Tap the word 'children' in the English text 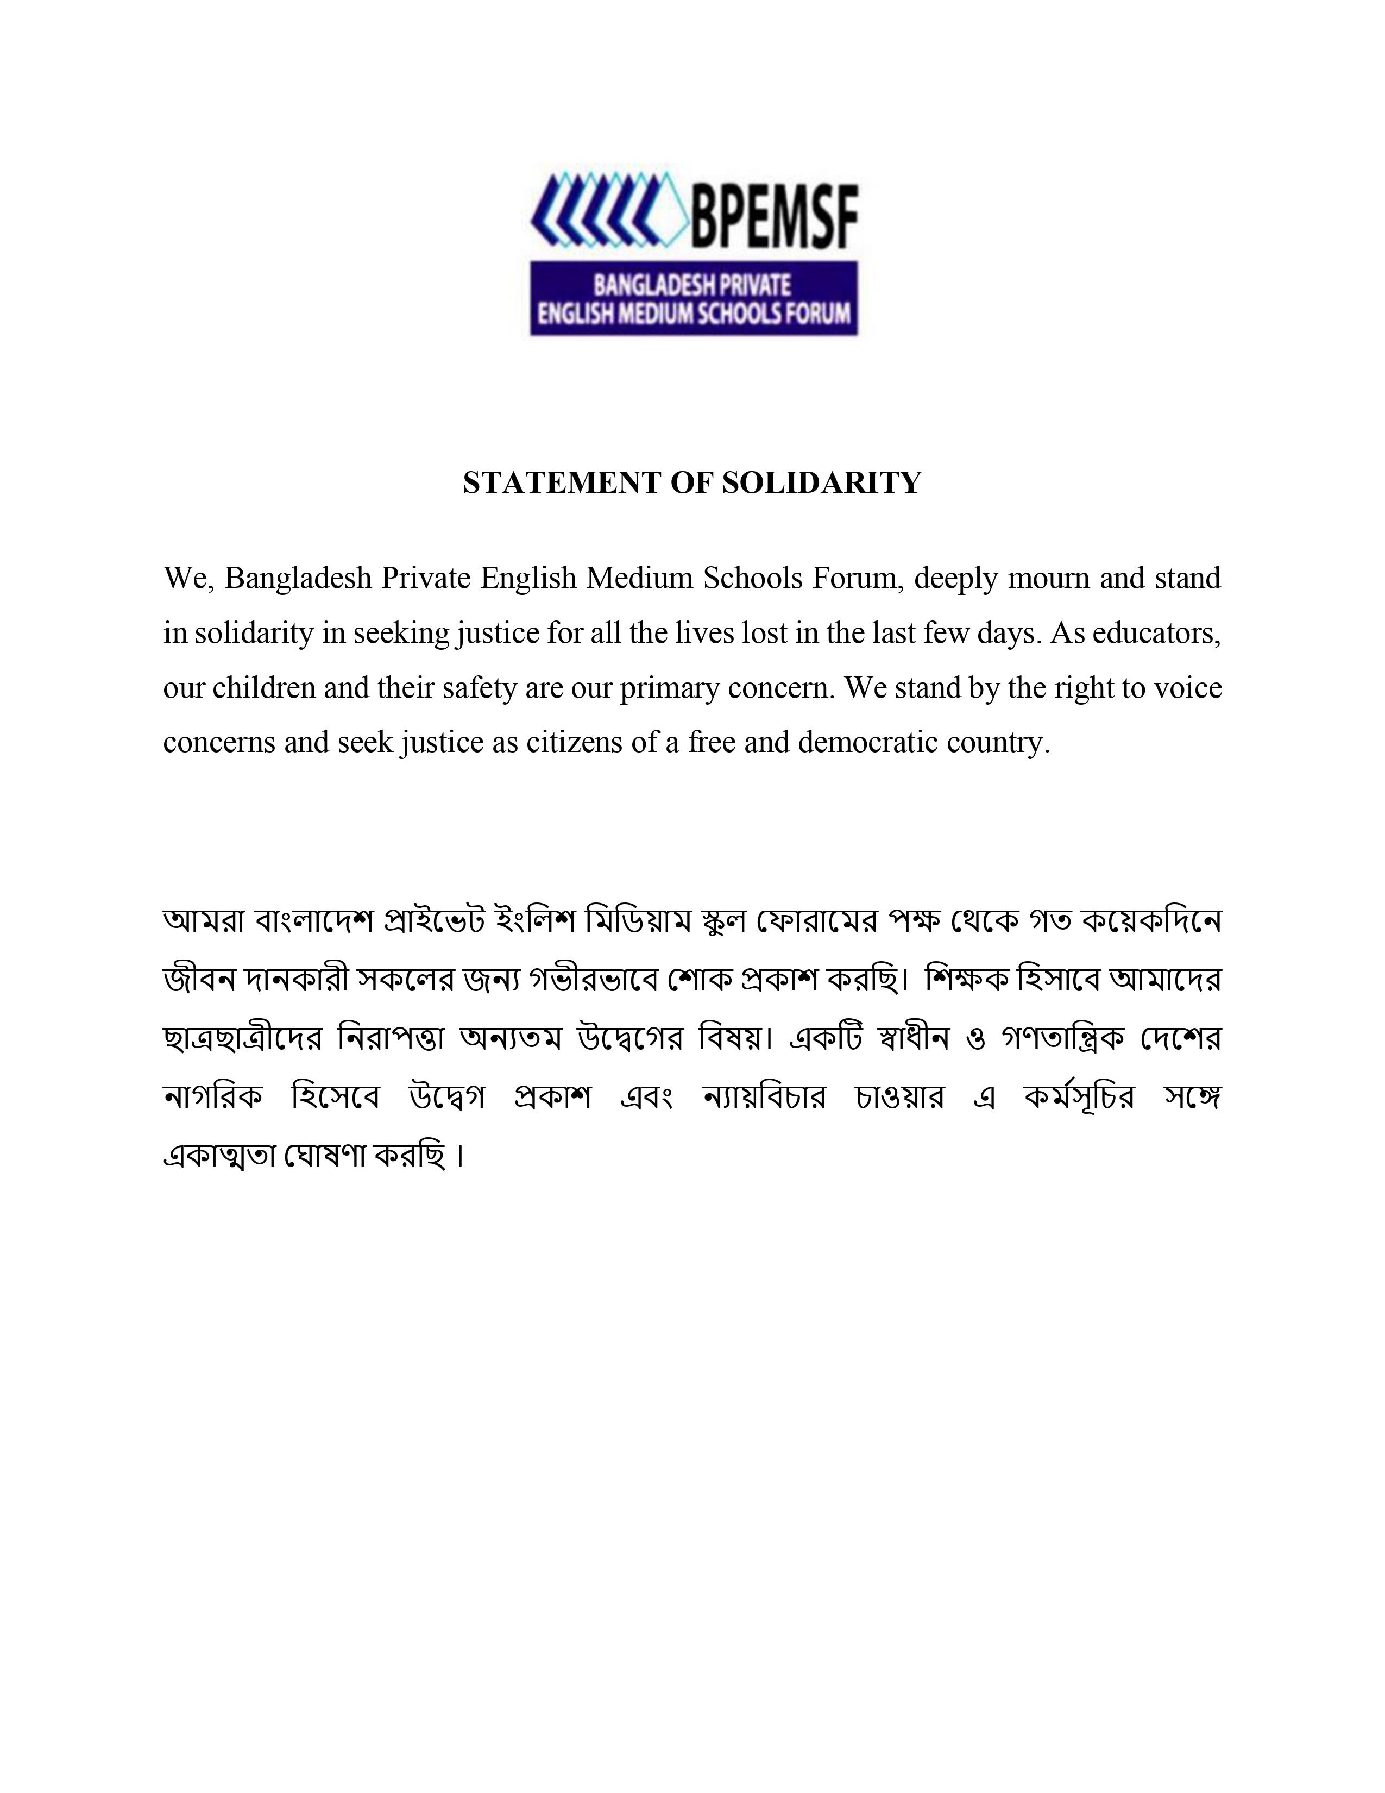(x=263, y=687)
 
